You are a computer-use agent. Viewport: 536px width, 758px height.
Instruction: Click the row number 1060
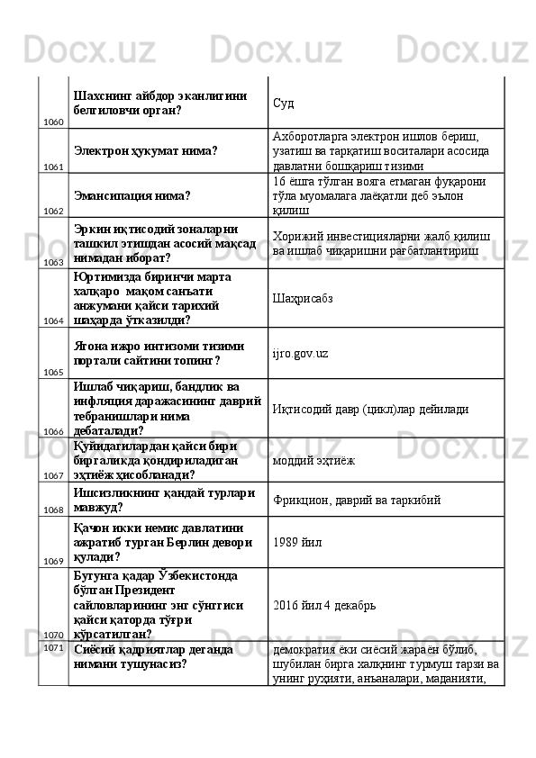53,122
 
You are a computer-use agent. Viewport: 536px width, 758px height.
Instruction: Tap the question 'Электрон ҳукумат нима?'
145,151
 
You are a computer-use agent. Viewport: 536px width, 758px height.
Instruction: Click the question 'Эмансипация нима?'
132,194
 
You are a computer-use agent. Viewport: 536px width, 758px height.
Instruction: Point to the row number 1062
53,211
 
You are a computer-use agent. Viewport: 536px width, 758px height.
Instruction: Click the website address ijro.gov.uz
300,353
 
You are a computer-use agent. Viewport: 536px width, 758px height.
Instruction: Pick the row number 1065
53,371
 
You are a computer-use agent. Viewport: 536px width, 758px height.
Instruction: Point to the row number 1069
53,561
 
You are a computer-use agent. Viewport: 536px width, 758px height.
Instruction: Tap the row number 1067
53,475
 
